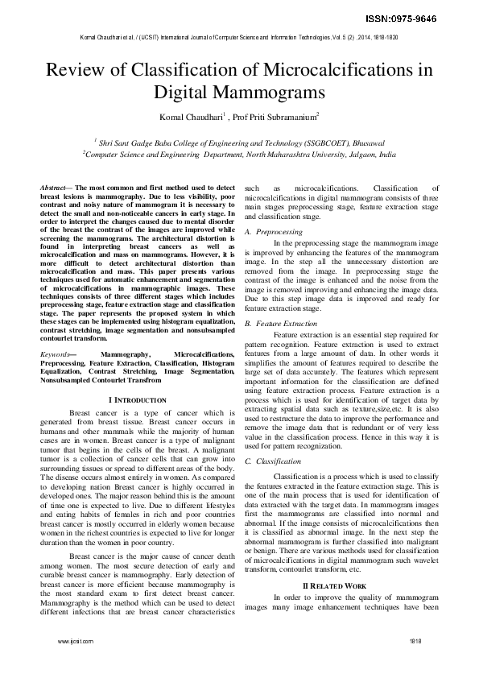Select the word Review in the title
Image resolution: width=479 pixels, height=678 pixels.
(74, 70)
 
